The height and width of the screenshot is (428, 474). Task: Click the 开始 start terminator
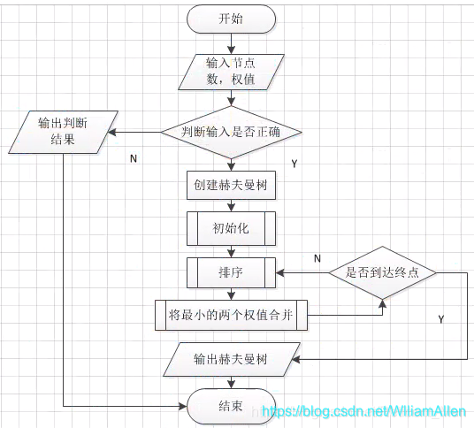click(231, 19)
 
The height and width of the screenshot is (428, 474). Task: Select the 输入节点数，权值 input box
click(231, 72)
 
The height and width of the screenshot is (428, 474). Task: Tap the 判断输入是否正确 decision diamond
click(231, 134)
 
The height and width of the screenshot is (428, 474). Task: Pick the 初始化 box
click(231, 228)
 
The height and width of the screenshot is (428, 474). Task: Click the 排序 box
click(231, 271)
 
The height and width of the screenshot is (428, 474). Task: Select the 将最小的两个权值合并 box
click(231, 315)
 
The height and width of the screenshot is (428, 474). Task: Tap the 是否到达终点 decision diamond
click(382, 272)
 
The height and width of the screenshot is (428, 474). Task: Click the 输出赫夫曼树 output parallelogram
click(231, 361)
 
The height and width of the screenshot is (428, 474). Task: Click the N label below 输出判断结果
click(133, 159)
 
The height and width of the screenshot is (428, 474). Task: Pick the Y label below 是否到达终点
click(440, 316)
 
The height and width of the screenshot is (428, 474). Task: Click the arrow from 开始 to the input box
click(231, 43)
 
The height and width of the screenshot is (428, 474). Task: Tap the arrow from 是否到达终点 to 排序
click(302, 272)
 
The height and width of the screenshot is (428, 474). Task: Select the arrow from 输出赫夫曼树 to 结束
click(231, 382)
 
